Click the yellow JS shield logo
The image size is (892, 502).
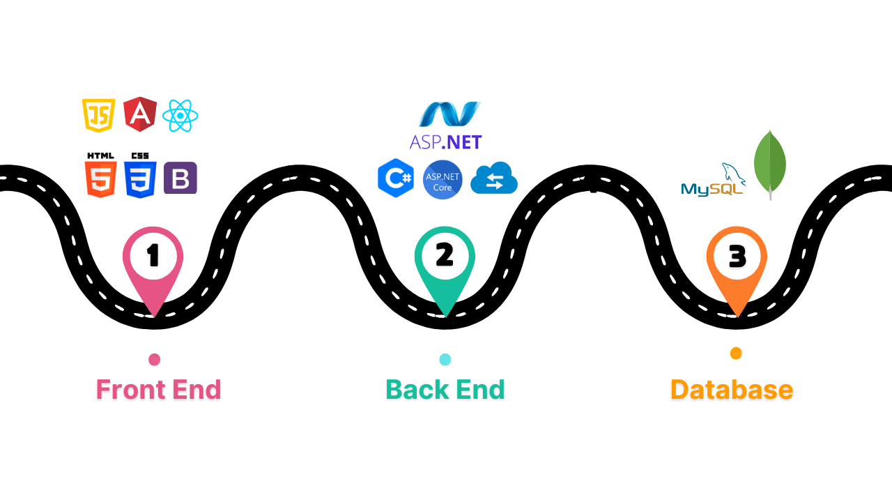98,115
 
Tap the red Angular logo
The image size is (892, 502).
140,114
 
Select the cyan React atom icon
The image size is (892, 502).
180,116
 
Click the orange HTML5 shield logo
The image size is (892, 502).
101,178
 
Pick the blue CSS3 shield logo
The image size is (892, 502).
140,178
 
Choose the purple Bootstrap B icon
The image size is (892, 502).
180,178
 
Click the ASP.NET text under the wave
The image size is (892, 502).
445,142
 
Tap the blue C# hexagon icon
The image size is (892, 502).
396,178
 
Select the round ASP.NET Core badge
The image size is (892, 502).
443,180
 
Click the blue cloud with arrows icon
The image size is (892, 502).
494,179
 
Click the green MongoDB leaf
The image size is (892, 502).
770,165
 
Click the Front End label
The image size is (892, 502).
158,390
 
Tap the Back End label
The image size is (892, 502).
445,390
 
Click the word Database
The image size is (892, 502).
732,390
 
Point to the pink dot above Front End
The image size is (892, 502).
155,360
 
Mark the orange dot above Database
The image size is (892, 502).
736,353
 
